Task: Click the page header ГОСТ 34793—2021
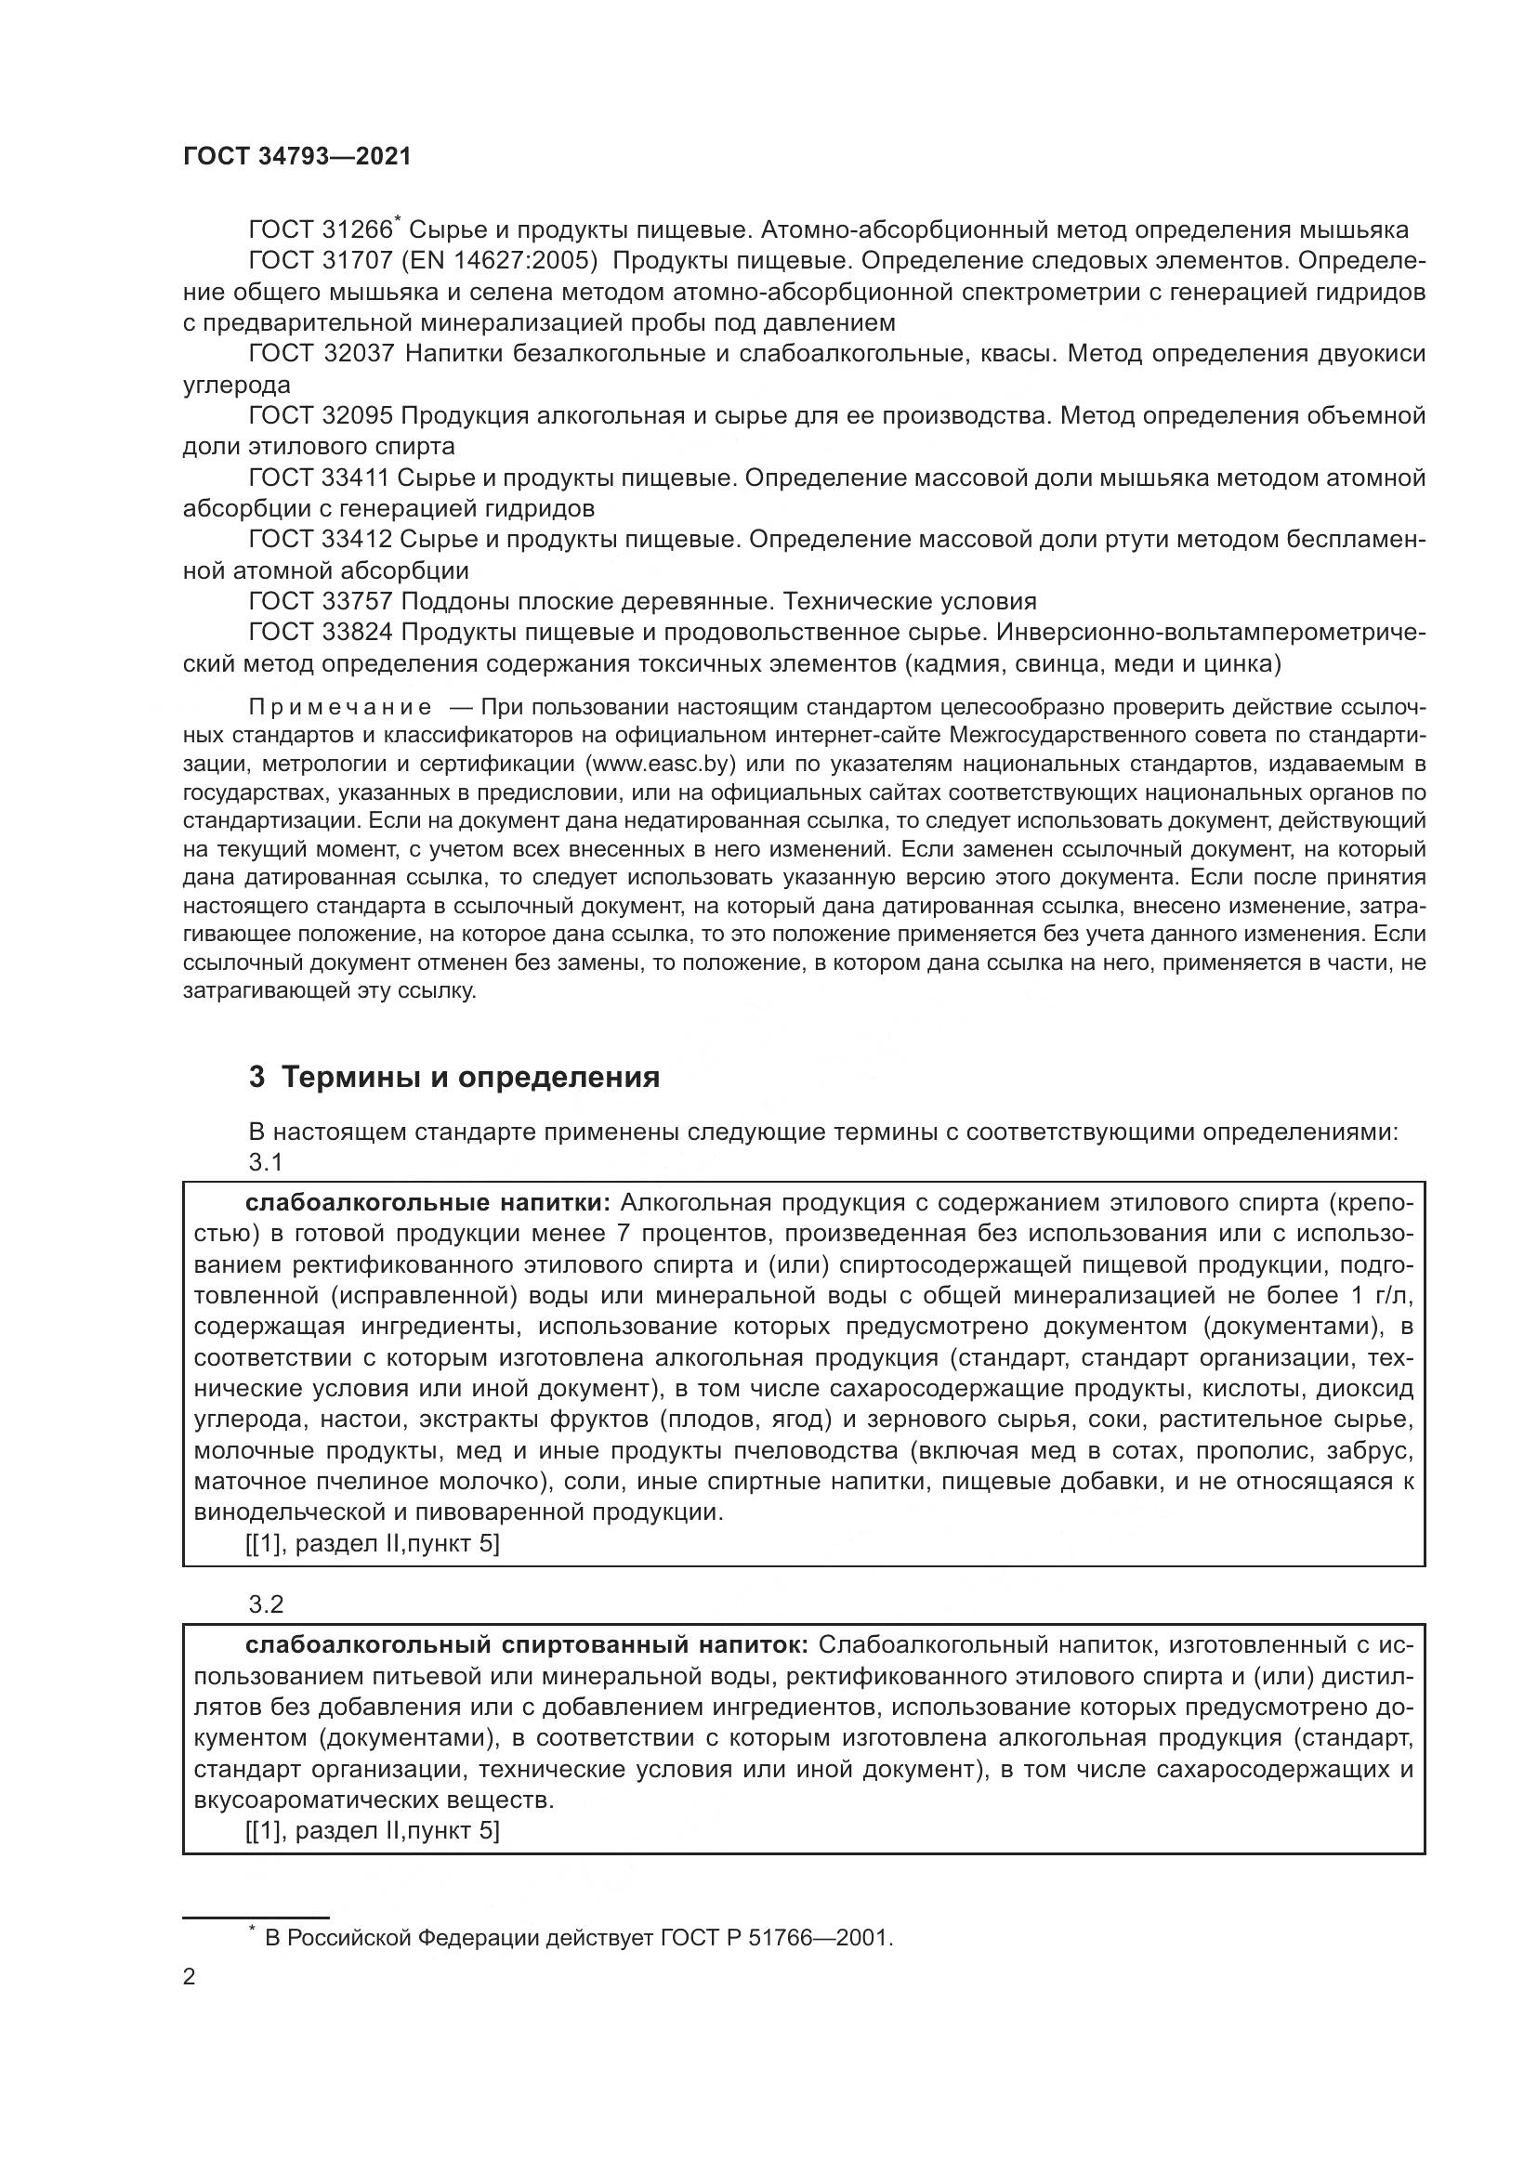click(297, 157)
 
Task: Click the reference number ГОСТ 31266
click(320, 231)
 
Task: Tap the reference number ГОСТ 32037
click(320, 354)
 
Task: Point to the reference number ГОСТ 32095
click(320, 416)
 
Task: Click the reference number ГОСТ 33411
click(320, 478)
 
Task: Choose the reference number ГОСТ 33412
click(320, 540)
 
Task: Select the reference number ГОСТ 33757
click(320, 602)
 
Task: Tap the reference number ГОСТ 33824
click(320, 633)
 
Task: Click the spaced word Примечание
click(340, 708)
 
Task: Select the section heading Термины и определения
click(470, 1077)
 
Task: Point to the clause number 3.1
click(266, 1161)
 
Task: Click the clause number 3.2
click(266, 1604)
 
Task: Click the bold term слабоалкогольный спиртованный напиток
click(526, 1645)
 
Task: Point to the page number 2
click(190, 1978)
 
